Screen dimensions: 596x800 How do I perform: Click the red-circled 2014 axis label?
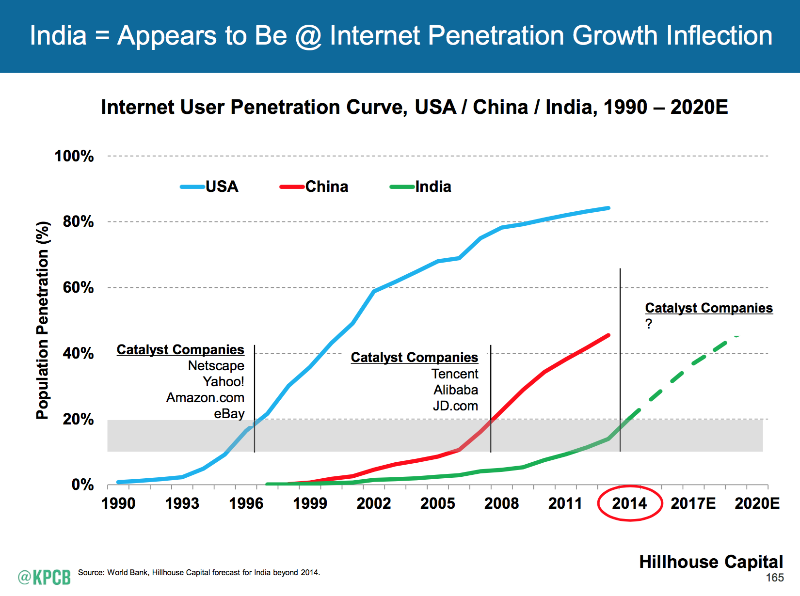(629, 503)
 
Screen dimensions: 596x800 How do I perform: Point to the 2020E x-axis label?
(757, 503)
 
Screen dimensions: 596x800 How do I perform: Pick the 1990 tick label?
(118, 503)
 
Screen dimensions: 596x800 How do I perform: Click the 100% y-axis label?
(74, 156)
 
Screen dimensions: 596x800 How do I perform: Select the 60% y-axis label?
(78, 287)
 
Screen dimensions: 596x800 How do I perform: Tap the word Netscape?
(216, 365)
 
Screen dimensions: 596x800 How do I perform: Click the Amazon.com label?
(205, 397)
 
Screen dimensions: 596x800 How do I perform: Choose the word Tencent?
(455, 374)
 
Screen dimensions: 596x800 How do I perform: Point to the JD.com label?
(455, 406)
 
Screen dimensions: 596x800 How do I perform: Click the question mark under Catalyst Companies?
(649, 324)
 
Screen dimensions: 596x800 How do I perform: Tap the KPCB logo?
(44, 577)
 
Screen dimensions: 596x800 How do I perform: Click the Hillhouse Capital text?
(711, 562)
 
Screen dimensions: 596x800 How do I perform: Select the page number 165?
(775, 578)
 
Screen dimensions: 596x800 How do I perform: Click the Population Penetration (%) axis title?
(43, 320)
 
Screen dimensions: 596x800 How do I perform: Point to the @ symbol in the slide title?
(308, 36)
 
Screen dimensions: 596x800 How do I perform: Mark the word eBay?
(229, 413)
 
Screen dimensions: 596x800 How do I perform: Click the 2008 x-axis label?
(501, 503)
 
